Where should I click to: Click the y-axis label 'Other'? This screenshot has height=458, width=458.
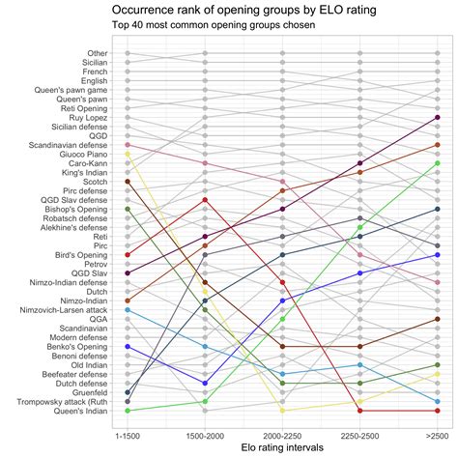(x=97, y=53)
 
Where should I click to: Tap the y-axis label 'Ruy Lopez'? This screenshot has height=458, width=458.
(x=88, y=118)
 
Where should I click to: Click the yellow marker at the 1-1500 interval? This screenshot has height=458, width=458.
(x=128, y=155)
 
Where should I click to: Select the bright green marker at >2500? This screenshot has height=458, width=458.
(x=437, y=163)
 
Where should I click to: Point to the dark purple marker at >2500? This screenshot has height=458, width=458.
(x=437, y=118)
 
